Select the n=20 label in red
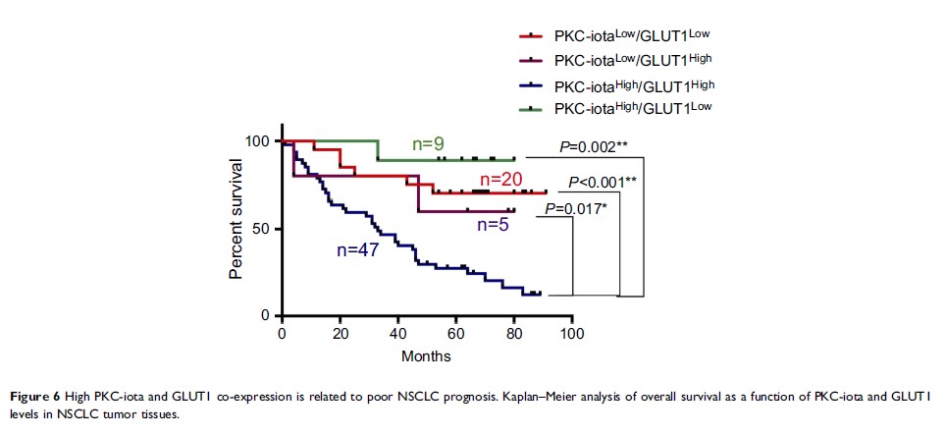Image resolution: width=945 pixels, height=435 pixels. [499, 180]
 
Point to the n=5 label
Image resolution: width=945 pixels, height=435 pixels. [494, 224]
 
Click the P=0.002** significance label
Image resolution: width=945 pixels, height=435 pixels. [594, 147]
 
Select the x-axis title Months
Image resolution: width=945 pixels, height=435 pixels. [426, 356]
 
